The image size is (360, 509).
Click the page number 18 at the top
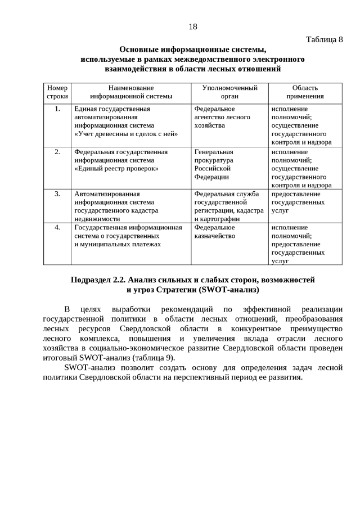[x=192, y=26]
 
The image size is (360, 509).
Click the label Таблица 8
[x=324, y=39]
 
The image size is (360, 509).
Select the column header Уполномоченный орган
[x=229, y=92]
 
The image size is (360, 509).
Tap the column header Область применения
[x=305, y=92]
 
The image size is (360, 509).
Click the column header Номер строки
[x=57, y=92]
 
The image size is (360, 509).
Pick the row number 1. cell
[x=57, y=109]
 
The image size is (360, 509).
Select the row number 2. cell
[x=57, y=152]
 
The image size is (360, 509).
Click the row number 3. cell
[x=57, y=194]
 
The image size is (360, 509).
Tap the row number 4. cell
[x=57, y=228]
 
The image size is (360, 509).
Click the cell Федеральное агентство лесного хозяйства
[x=222, y=117]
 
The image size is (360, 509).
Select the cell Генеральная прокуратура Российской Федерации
[x=214, y=164]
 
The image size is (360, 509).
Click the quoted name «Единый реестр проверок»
[x=116, y=168]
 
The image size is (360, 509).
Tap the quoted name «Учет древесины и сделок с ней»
[x=126, y=134]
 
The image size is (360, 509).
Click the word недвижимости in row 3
[x=97, y=219]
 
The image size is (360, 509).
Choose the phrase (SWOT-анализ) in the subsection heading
[x=227, y=290]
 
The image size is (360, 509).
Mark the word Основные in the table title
[x=139, y=49]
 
